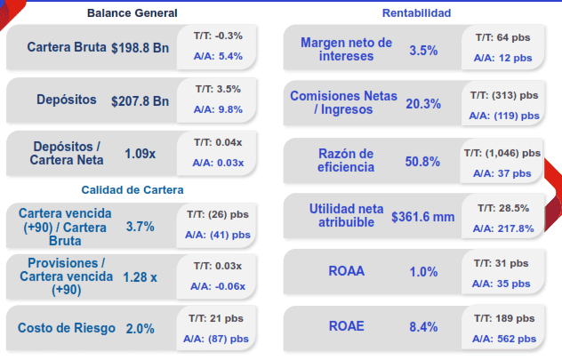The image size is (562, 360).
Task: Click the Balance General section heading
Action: tap(132, 13)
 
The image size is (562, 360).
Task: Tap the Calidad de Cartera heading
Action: tap(132, 189)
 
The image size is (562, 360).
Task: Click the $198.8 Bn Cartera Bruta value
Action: tap(140, 46)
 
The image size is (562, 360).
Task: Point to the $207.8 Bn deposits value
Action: tap(140, 100)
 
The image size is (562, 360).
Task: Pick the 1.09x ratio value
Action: tap(140, 153)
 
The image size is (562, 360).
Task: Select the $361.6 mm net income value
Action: tap(423, 216)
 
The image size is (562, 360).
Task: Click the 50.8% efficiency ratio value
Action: tap(422, 161)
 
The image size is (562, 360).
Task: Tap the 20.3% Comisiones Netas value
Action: tap(423, 103)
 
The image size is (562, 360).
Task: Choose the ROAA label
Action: tap(346, 272)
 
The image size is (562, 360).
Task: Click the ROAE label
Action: tap(346, 326)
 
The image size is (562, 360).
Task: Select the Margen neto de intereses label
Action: tap(346, 50)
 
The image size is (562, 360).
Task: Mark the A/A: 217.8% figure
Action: tap(503, 228)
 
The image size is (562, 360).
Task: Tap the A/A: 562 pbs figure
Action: tap(504, 339)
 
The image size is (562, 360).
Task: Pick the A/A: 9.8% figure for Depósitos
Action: tap(218, 109)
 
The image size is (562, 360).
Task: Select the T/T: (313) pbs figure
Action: tap(503, 94)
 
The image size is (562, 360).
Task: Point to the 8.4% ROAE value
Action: tap(423, 326)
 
